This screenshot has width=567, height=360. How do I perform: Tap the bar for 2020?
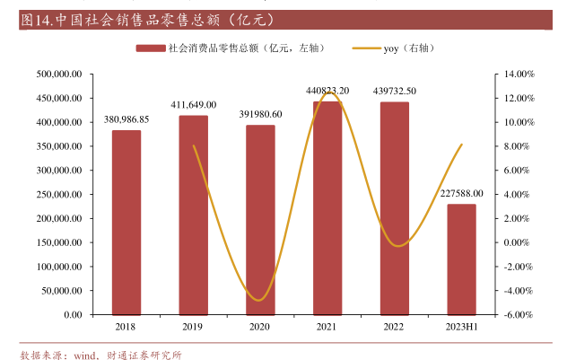pyautogui.click(x=260, y=220)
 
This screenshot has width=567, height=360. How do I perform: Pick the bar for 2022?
pyautogui.click(x=395, y=208)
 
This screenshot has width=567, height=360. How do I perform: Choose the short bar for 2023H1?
pyautogui.click(x=462, y=259)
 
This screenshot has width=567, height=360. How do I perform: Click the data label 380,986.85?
pyautogui.click(x=126, y=119)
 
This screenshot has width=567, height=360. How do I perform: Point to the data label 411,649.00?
pyautogui.click(x=194, y=105)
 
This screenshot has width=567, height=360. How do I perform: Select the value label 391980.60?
pyautogui.click(x=261, y=114)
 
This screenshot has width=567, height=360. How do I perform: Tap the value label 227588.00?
pyautogui.click(x=462, y=193)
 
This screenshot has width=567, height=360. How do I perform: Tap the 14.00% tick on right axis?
pyautogui.click(x=519, y=74)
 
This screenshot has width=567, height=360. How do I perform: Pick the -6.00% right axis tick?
pyautogui.click(x=519, y=315)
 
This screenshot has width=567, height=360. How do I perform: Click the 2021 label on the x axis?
pyautogui.click(x=327, y=328)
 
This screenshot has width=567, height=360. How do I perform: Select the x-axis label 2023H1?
pyautogui.click(x=462, y=328)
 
